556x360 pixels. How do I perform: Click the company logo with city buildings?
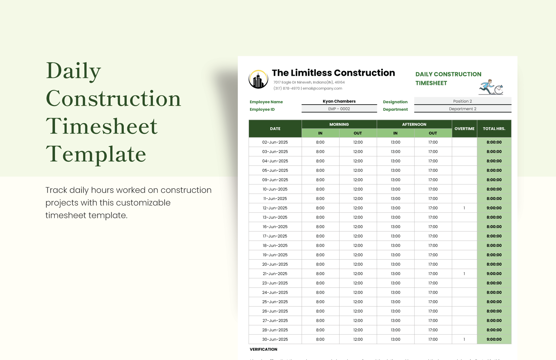click(258, 79)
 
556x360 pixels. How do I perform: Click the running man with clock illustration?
click(491, 87)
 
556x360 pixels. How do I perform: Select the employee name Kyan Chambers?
click(339, 101)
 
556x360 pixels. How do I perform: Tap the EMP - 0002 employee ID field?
click(339, 109)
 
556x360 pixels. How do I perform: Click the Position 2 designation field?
click(462, 101)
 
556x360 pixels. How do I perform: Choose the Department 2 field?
click(462, 109)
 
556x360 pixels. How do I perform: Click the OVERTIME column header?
click(464, 129)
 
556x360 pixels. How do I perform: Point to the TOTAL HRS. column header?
click(494, 129)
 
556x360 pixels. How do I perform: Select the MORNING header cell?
click(339, 124)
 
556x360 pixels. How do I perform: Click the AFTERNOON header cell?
click(414, 124)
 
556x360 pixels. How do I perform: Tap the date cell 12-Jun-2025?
click(275, 208)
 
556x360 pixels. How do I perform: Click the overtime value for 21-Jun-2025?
click(464, 274)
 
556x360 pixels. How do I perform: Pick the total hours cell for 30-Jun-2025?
click(494, 339)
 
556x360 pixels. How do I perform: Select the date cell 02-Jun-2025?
click(275, 142)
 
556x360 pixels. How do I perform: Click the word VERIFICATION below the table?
click(263, 349)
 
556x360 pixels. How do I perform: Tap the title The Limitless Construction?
click(333, 73)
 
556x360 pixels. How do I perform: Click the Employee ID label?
click(262, 110)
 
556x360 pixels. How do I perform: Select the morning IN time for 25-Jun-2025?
click(320, 302)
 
